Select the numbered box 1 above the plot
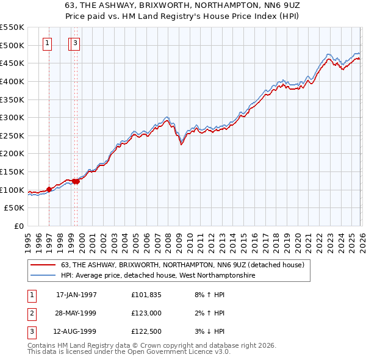(48, 43)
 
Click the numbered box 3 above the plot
(74, 43)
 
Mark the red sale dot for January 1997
(49, 189)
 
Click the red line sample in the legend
(43, 265)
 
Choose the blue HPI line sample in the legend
(43, 276)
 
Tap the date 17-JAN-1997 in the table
(76, 294)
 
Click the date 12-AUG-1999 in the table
(76, 332)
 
